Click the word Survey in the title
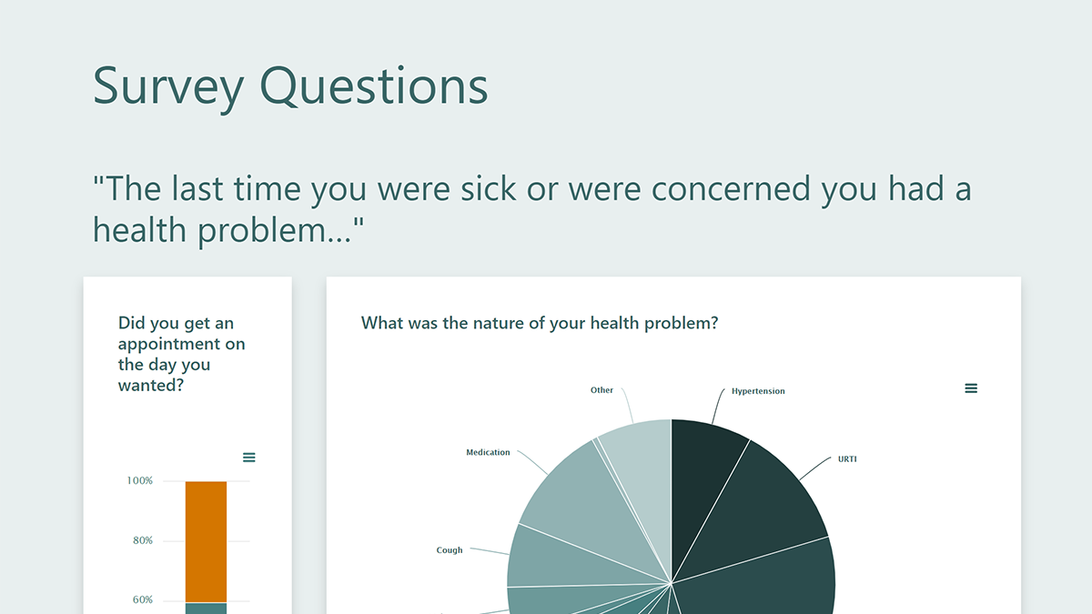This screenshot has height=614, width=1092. point(168,86)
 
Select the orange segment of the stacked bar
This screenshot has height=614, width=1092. point(206,541)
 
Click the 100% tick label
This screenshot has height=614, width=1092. point(139,480)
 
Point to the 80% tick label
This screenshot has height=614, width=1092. point(141,540)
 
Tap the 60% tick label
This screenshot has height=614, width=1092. point(141,600)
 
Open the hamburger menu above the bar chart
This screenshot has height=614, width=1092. point(249,458)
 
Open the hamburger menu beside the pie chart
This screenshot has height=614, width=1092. point(971,388)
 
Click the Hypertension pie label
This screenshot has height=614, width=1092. point(758,391)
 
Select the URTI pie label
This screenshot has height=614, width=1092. point(847,459)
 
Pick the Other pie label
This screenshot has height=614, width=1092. point(602,390)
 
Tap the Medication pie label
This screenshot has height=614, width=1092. point(488,452)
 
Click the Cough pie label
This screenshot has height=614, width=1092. point(450,550)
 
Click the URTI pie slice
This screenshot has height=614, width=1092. point(773,500)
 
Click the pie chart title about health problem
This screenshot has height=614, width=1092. point(539,323)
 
